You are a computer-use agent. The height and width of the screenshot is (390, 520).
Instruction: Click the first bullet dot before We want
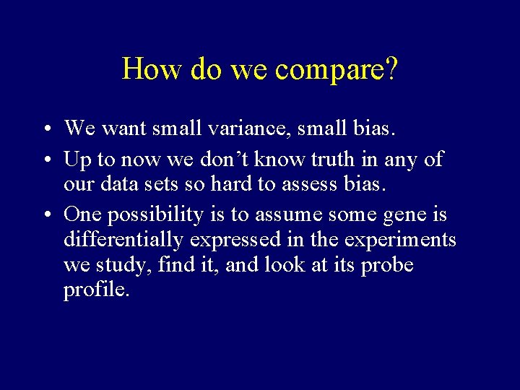point(45,130)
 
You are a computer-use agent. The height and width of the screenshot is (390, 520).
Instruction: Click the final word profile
point(96,291)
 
